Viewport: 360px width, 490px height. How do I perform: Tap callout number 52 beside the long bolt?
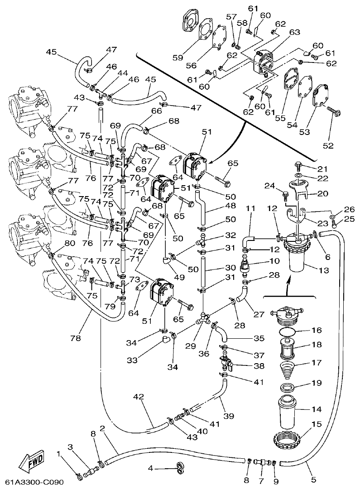pos(328,146)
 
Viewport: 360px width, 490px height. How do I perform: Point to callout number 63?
pos(295,32)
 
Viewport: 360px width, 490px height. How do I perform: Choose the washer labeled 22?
pos(298,175)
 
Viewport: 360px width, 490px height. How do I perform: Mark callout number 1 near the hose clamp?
pos(58,454)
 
